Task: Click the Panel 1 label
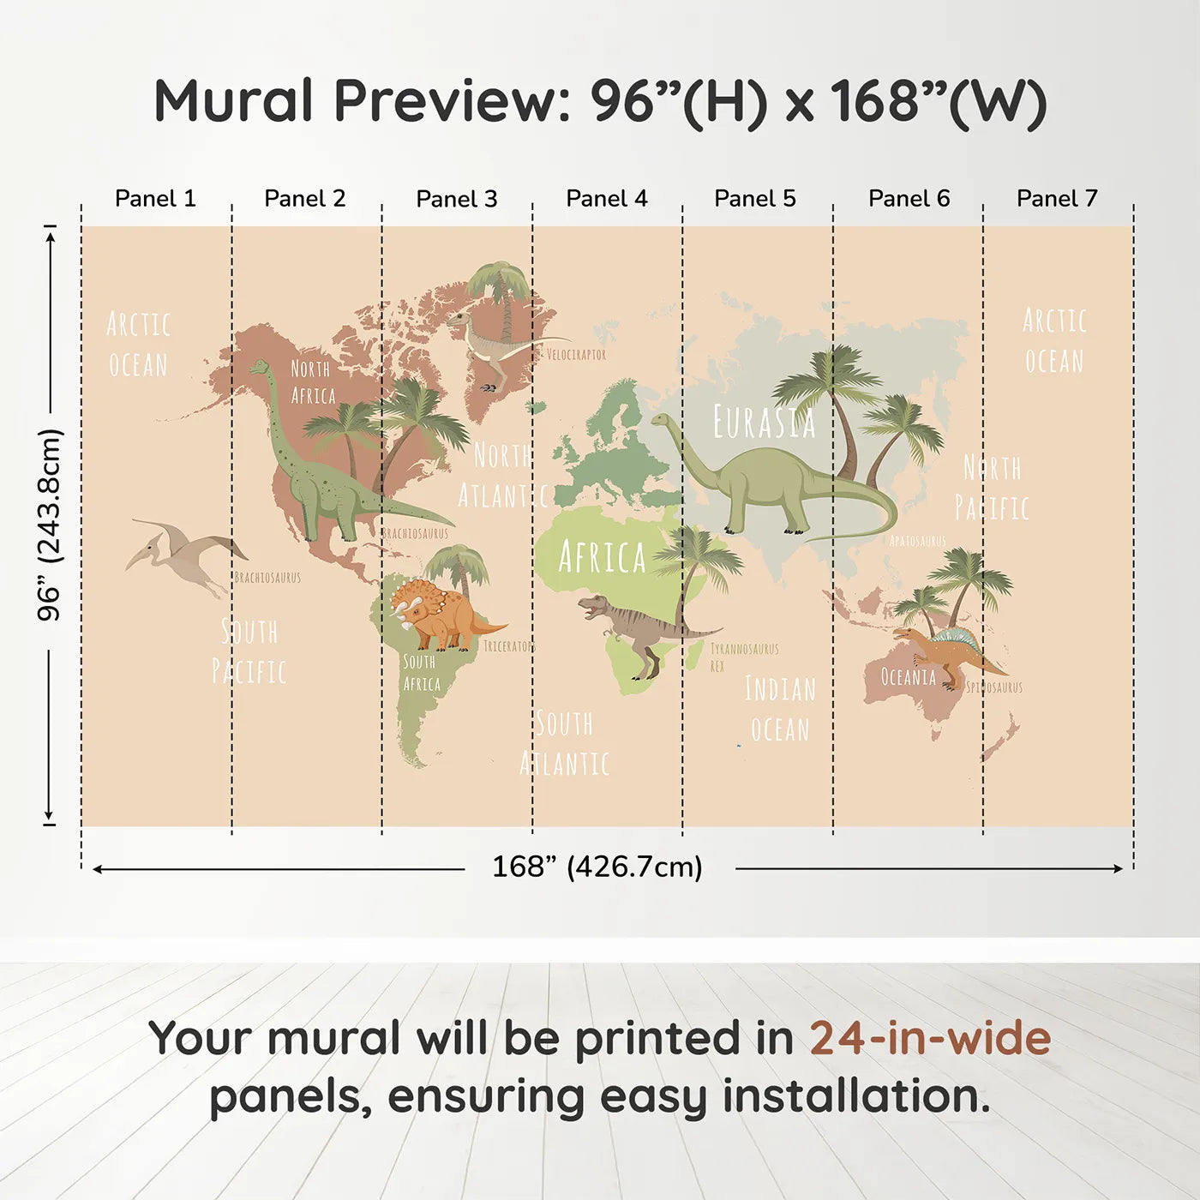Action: click(155, 199)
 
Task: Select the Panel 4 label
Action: click(606, 199)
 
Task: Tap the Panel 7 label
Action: click(1056, 199)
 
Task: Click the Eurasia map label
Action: click(764, 422)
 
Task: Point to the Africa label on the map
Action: click(602, 557)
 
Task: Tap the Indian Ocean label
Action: click(779, 709)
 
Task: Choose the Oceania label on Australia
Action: click(909, 677)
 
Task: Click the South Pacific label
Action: click(249, 651)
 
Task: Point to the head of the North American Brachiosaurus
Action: click(259, 369)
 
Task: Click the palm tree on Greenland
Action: click(500, 287)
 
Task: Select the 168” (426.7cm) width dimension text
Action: click(597, 867)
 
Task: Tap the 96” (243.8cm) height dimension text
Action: click(49, 525)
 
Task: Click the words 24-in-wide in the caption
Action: click(929, 1038)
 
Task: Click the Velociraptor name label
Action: click(576, 354)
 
